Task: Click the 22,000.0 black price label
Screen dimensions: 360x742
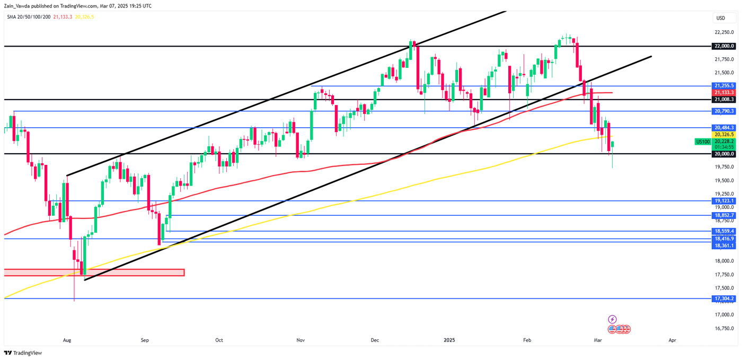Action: pos(724,46)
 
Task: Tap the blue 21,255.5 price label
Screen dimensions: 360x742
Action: pos(724,85)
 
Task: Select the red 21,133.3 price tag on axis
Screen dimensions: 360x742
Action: pos(724,92)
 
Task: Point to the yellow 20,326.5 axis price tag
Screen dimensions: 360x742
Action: pos(724,135)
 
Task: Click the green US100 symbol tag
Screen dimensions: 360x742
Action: pos(703,142)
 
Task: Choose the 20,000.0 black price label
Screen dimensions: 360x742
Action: pos(724,154)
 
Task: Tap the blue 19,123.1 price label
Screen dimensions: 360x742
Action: pos(724,201)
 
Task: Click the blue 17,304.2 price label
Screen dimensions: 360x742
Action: pos(724,298)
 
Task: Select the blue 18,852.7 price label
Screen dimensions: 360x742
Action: pos(724,215)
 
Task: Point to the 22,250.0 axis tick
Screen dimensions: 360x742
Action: pos(724,32)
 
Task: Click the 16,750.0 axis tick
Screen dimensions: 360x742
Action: pos(724,329)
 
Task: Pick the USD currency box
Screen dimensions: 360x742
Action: pos(721,18)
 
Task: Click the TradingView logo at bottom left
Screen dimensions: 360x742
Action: pos(23,353)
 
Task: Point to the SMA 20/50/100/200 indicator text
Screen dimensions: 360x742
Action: pos(29,17)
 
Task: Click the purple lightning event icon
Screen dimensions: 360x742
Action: pos(612,319)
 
